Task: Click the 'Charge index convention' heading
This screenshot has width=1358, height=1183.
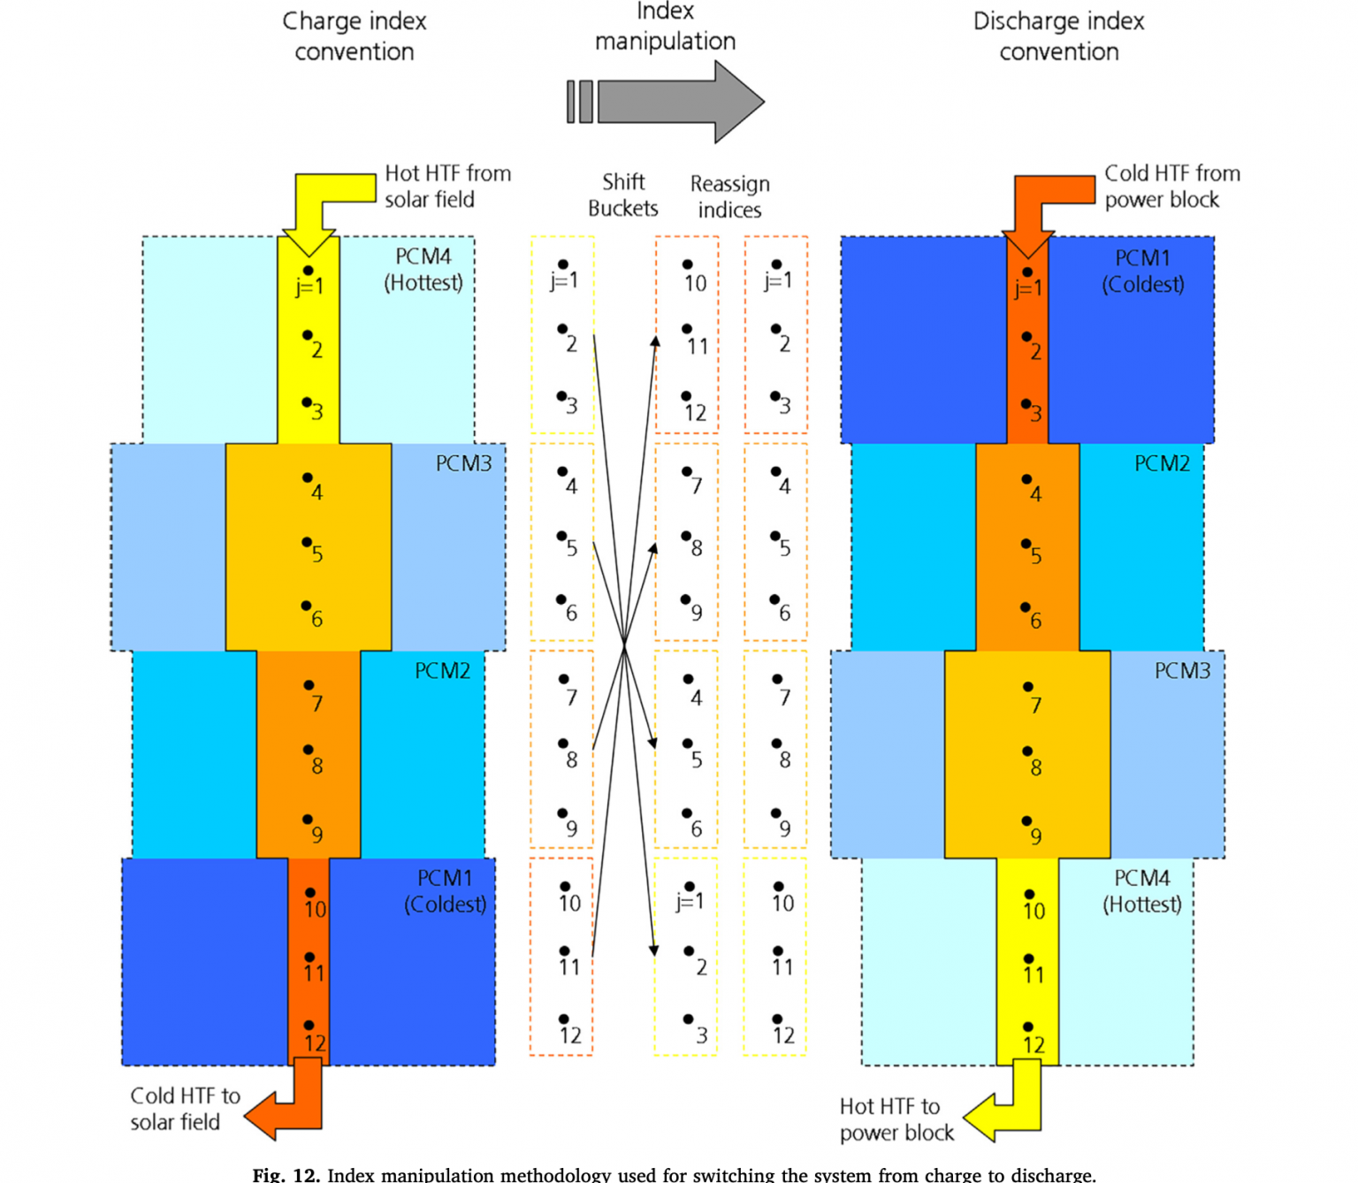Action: (x=354, y=36)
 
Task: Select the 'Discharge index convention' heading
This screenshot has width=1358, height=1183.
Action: (x=1058, y=36)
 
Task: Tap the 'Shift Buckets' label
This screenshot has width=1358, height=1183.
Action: (x=623, y=195)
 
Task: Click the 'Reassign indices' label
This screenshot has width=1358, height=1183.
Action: (x=729, y=196)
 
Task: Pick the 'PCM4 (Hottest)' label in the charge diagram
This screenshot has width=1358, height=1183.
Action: (x=423, y=270)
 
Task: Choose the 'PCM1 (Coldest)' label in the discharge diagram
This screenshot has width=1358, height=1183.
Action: (x=1142, y=271)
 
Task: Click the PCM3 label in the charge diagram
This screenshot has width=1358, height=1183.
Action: (x=463, y=463)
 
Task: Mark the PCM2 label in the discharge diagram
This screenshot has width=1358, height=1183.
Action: (x=1162, y=463)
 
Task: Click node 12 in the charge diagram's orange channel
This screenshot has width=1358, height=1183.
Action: (x=309, y=1027)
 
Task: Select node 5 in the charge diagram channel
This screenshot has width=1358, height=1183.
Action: (x=307, y=542)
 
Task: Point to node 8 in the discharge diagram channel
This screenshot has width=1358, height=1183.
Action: (x=1027, y=752)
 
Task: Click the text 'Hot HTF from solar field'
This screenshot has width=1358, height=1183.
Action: (x=447, y=187)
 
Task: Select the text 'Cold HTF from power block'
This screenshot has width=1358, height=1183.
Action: (x=1171, y=187)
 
